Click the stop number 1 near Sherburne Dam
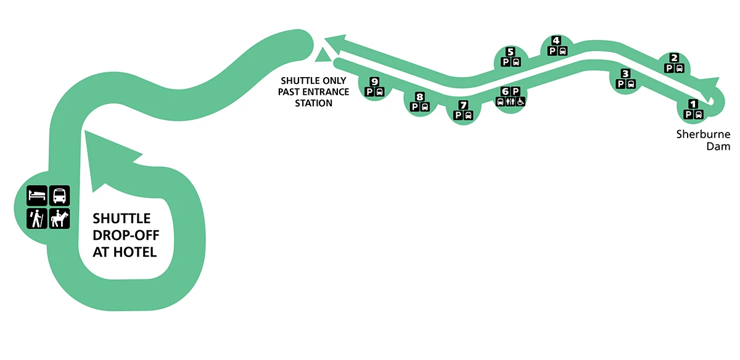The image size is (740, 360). tap(693, 105)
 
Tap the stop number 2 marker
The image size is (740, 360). tap(674, 59)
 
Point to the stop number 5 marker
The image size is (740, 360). tap(510, 52)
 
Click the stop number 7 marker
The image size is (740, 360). tap(462, 104)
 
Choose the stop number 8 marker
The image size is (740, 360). tap(419, 97)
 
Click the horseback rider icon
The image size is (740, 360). tap(60, 219)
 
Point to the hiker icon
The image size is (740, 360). tap(36, 219)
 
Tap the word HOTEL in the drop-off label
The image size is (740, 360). tap(139, 252)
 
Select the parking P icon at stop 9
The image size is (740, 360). tap(369, 92)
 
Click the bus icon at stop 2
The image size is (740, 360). tap(679, 68)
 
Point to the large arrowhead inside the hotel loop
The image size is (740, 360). tap(99, 154)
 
